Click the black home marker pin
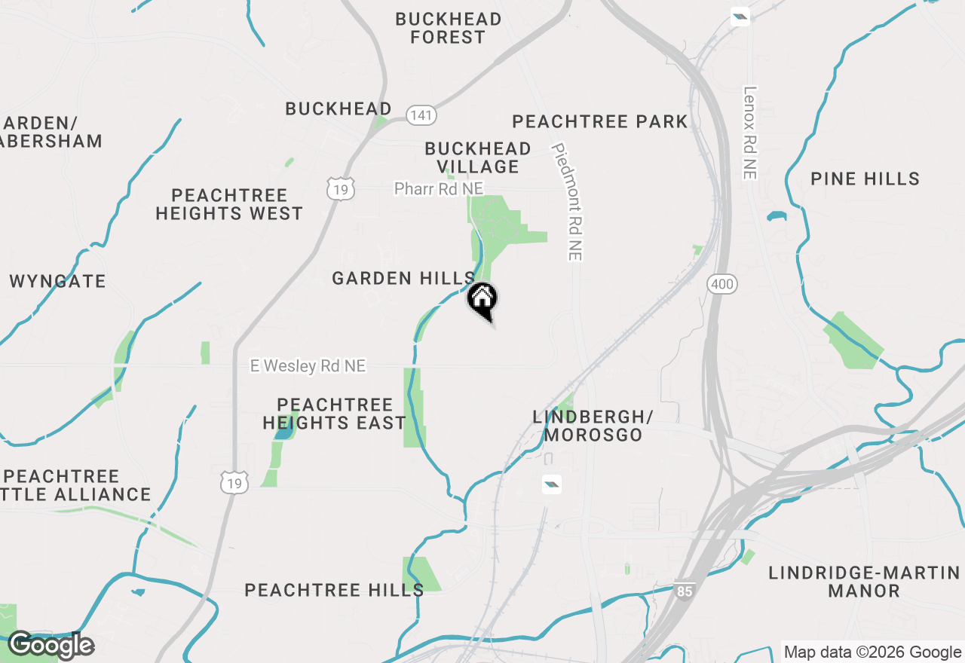click(482, 300)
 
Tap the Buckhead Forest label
click(448, 28)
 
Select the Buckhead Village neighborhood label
click(478, 157)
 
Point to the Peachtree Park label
click(600, 121)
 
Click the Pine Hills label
click(865, 179)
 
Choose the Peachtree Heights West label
click(229, 204)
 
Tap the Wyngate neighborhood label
click(58, 281)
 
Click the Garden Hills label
click(404, 278)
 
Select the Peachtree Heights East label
click(335, 414)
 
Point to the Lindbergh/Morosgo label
click(593, 426)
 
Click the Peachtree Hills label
click(334, 590)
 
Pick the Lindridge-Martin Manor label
click(864, 582)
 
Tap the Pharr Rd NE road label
click(439, 188)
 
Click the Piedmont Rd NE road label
click(568, 202)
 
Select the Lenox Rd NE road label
click(749, 133)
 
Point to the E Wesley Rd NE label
click(308, 366)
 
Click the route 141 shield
click(421, 115)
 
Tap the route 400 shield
click(722, 284)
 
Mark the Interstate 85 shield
click(684, 591)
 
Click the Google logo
click(51, 645)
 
